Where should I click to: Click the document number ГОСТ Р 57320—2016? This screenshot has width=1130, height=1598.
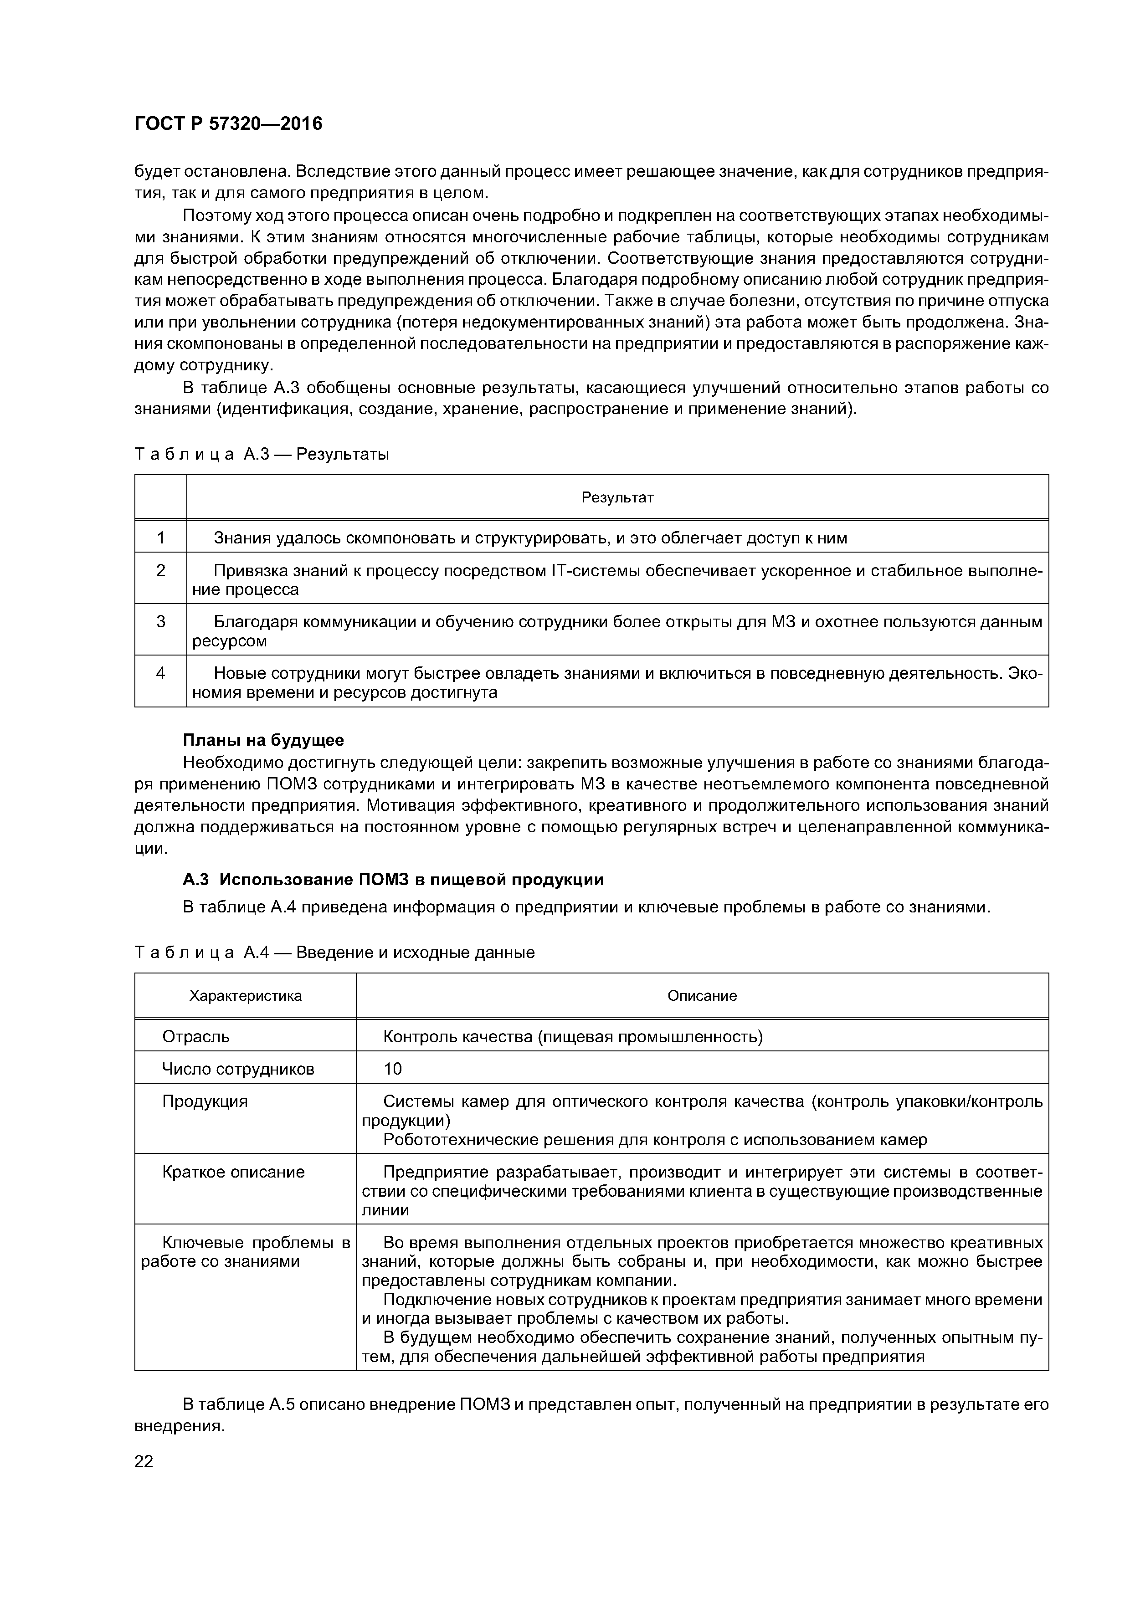click(x=228, y=124)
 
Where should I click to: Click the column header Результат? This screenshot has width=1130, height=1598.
click(x=617, y=497)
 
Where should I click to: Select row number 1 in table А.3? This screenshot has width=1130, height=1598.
click(x=161, y=538)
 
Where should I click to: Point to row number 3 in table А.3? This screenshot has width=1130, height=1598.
click(x=161, y=621)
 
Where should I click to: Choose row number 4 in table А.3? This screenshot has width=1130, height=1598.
click(x=161, y=673)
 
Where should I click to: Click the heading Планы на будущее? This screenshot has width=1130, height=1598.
click(x=263, y=739)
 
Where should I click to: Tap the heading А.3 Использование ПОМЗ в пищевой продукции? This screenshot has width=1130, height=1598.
click(x=393, y=880)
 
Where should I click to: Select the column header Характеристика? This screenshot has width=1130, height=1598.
click(x=245, y=995)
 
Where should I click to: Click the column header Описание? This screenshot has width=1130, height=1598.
click(x=702, y=995)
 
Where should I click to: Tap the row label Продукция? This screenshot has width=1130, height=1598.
click(x=205, y=1101)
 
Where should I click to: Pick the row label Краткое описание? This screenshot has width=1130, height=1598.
click(x=233, y=1171)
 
